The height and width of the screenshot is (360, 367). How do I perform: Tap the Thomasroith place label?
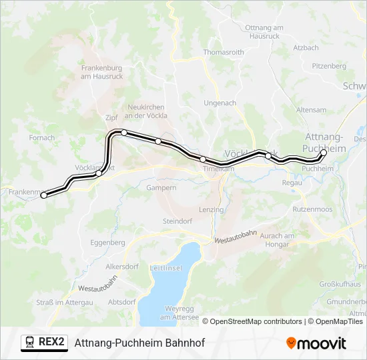224,51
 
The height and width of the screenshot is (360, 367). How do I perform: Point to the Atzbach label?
306,48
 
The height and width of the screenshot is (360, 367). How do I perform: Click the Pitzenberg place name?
330,66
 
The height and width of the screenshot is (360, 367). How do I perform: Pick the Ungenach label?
220,103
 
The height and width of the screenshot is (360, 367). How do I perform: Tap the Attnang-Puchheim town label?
324,143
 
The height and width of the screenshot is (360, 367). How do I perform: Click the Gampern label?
162,188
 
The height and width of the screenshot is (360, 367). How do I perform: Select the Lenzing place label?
212,209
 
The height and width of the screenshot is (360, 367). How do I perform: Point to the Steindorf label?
177,221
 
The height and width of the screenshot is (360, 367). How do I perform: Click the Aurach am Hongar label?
277,240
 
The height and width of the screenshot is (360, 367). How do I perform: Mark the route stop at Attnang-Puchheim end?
324,153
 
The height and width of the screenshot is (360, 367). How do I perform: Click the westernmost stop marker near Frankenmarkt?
44,195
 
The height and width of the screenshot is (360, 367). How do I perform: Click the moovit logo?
316,343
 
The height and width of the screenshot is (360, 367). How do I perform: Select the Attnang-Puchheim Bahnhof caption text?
139,343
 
